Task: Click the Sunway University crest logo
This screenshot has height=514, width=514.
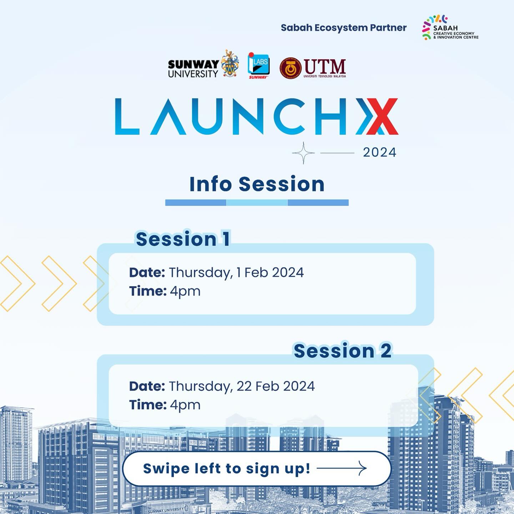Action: click(230, 64)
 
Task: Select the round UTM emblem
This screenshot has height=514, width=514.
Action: click(291, 68)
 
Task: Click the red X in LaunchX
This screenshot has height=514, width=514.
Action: click(382, 116)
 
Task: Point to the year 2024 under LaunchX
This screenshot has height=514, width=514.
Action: click(379, 152)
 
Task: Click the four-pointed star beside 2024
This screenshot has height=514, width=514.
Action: click(303, 153)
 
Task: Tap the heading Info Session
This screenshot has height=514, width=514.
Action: click(257, 184)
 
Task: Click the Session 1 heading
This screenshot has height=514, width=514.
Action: click(183, 239)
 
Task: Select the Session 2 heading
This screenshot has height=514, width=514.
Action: click(343, 351)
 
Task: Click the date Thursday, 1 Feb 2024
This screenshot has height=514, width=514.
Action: click(236, 273)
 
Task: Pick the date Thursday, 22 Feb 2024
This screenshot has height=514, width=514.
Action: click(242, 386)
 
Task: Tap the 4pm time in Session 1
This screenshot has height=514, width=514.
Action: click(185, 291)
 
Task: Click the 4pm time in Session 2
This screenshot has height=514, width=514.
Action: click(185, 405)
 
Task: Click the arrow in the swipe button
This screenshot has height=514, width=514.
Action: click(342, 468)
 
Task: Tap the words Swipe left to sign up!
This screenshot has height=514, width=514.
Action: click(227, 469)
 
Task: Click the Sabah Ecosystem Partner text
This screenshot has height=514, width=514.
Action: click(343, 28)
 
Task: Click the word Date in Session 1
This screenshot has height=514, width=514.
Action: click(147, 273)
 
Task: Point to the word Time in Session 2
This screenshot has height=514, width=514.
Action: click(148, 405)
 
